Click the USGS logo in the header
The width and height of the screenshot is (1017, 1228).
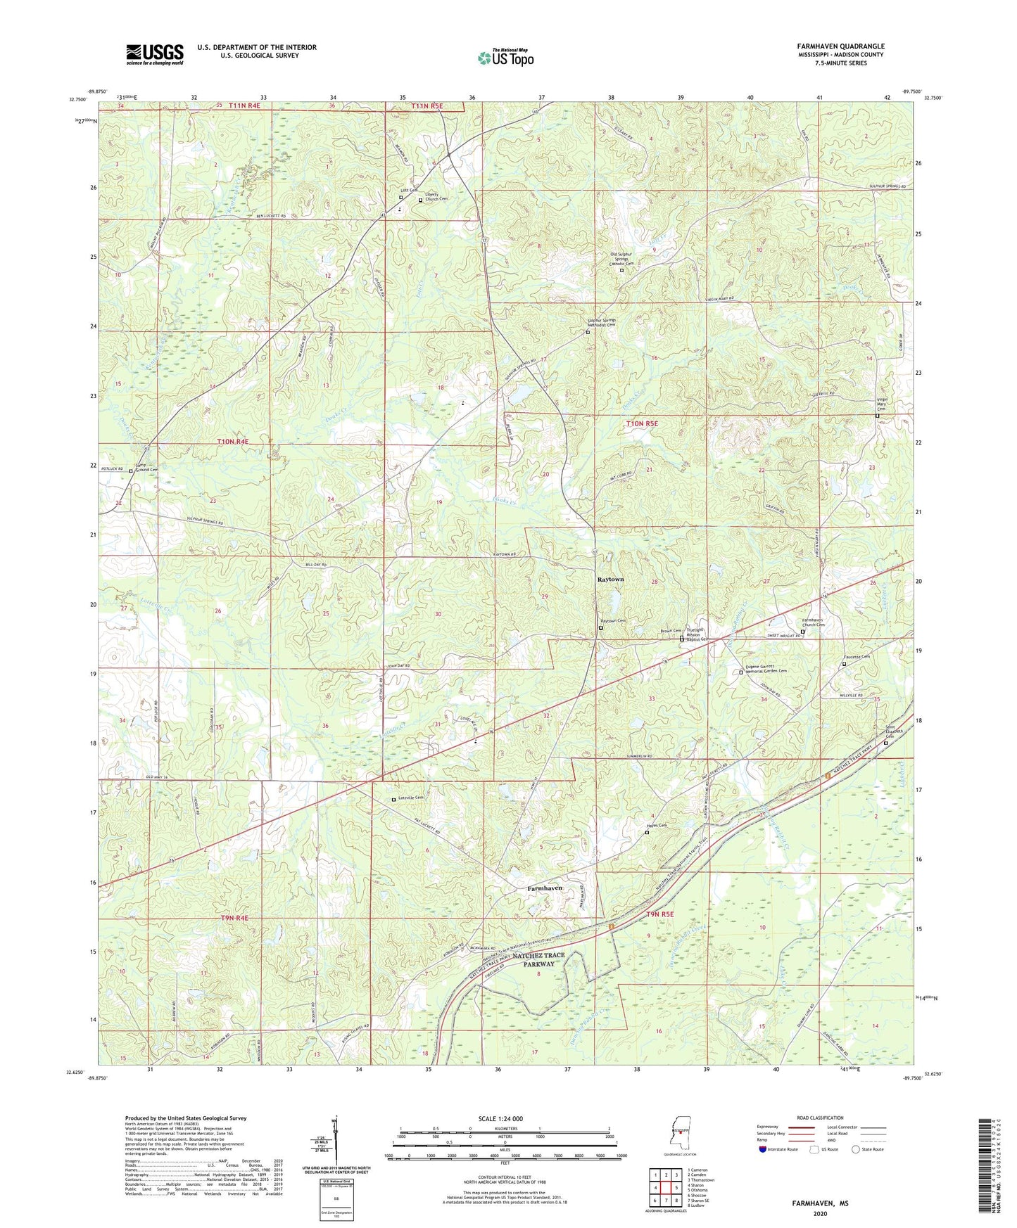pyautogui.click(x=154, y=54)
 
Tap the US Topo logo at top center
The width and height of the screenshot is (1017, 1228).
pyautogui.click(x=505, y=58)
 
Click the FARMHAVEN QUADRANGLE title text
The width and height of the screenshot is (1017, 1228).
pyautogui.click(x=840, y=46)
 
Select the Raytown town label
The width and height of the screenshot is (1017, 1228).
pyautogui.click(x=610, y=580)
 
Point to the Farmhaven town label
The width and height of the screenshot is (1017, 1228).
pyautogui.click(x=545, y=888)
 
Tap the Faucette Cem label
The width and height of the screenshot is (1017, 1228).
pyautogui.click(x=857, y=657)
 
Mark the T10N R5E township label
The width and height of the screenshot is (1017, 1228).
pyautogui.click(x=642, y=423)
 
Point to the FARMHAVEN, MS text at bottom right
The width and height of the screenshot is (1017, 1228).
pyautogui.click(x=819, y=1203)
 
